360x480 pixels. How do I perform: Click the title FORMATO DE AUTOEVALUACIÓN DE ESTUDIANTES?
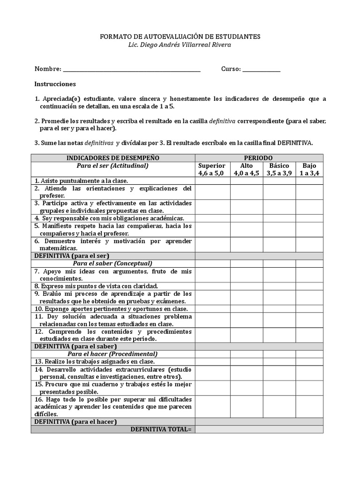tap(180, 37)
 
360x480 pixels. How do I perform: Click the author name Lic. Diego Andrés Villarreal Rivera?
tap(180, 45)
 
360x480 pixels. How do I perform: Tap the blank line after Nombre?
tap(131, 69)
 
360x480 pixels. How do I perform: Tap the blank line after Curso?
tap(262, 69)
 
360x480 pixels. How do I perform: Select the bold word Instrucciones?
tap(55, 84)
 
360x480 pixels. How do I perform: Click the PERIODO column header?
tap(259, 158)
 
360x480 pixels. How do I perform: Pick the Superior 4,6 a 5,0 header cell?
tap(212, 169)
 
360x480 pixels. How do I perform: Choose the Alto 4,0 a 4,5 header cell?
tap(246, 169)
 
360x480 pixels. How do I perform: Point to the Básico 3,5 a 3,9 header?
tap(279, 169)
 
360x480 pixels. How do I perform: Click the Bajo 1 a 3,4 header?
tap(309, 169)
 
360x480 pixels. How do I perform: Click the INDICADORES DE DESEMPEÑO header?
tap(113, 158)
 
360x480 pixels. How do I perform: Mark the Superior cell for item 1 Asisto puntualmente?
tap(212, 180)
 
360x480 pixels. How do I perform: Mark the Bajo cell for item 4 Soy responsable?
tap(309, 218)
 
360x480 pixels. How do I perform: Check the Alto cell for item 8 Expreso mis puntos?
tap(246, 286)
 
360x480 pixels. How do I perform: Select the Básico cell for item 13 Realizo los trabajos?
tap(279, 361)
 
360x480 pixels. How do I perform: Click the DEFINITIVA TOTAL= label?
tap(161, 429)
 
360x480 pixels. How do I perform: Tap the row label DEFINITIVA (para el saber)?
tap(75, 346)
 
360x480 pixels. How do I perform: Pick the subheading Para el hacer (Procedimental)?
tap(113, 354)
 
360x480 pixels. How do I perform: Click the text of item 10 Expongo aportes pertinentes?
tap(111, 309)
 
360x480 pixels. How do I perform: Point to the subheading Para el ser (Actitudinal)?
tap(113, 165)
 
